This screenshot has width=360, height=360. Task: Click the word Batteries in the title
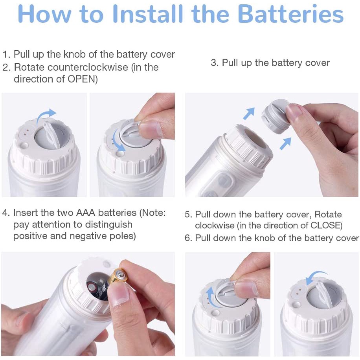[291, 14]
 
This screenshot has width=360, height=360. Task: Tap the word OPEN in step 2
[81, 79]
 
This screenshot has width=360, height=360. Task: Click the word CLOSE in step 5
[324, 225]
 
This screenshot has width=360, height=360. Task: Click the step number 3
[215, 62]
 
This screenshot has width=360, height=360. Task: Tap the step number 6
[188, 238]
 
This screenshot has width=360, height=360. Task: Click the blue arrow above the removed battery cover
[249, 114]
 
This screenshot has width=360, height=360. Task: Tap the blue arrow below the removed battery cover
[286, 144]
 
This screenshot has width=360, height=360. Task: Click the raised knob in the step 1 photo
[50, 134]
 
